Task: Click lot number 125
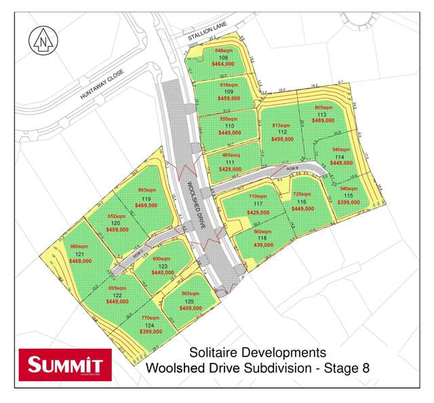[190, 301]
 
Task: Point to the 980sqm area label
[80, 246]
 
